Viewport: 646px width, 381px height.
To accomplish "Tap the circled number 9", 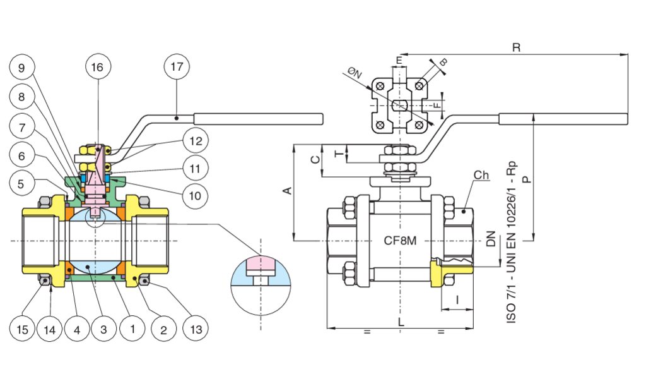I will [21, 68].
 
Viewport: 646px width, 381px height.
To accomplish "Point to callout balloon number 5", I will [21, 184].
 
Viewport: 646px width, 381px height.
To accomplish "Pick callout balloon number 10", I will [196, 196].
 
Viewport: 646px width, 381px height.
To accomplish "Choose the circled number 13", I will [195, 329].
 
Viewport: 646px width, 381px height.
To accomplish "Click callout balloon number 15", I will [21, 329].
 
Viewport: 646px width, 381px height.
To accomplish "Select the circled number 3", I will [103, 329].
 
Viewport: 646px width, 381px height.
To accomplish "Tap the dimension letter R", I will [515, 48].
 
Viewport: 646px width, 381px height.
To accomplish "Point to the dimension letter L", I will [401, 322].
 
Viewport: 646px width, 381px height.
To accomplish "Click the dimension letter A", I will [287, 190].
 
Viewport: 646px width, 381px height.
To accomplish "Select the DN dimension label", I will [490, 239].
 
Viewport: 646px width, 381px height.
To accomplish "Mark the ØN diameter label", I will [355, 74].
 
